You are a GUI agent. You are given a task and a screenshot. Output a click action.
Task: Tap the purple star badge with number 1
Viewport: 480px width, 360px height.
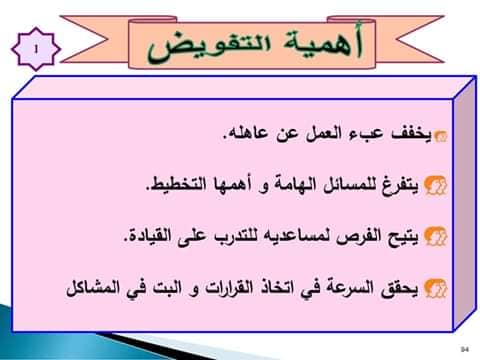(36, 49)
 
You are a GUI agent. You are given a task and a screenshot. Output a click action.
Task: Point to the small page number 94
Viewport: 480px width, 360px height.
(465, 349)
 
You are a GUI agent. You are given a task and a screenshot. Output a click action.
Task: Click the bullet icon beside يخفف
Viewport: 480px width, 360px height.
(440, 136)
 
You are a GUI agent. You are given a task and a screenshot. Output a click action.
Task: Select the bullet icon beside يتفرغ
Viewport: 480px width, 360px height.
(435, 185)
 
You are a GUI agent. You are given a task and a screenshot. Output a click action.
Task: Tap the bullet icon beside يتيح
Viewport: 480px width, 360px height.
(435, 236)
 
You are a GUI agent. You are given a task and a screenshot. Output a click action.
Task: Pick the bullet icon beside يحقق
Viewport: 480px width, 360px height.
(435, 288)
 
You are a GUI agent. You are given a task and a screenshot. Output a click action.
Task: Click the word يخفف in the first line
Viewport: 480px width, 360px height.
(411, 134)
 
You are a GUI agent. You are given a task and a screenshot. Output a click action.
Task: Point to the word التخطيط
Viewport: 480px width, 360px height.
(171, 184)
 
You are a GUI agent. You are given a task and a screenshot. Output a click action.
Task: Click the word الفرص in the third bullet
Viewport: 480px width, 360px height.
(358, 237)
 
